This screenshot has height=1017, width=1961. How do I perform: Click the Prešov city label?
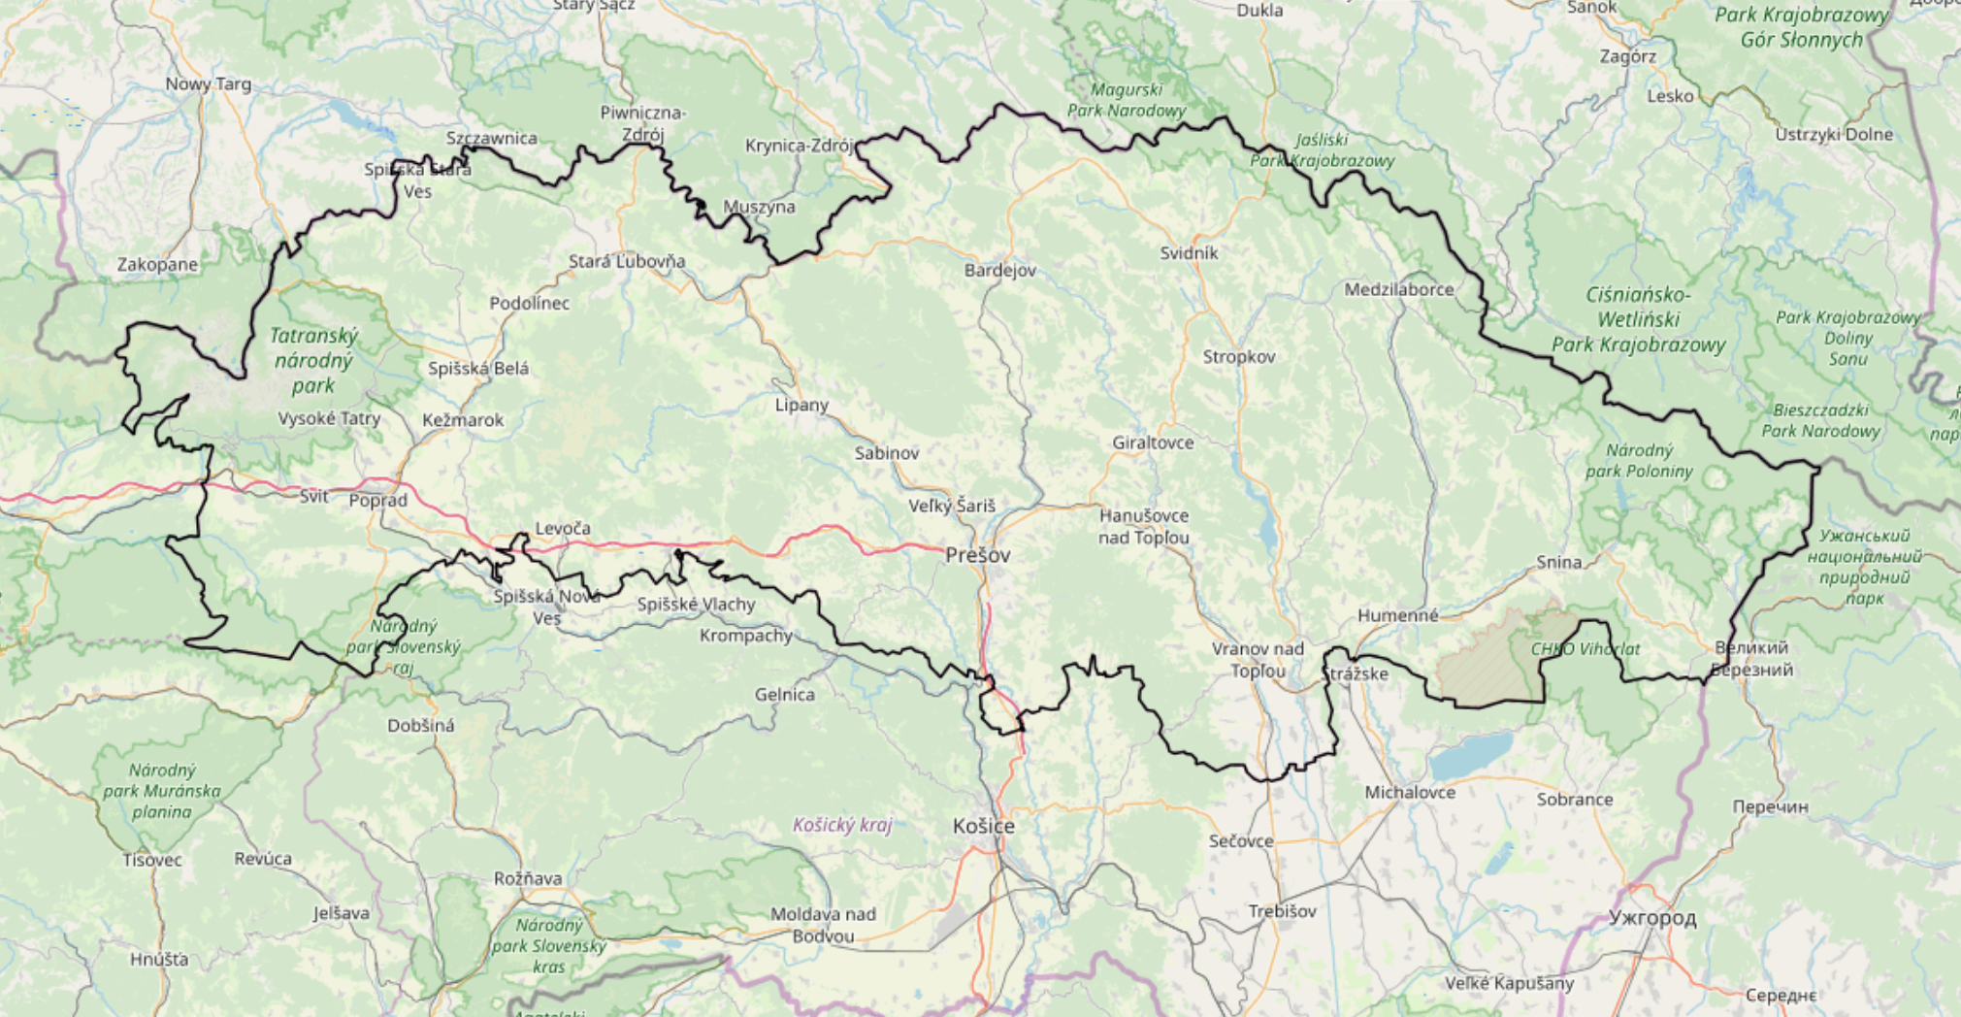977,555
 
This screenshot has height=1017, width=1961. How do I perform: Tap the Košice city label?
983,826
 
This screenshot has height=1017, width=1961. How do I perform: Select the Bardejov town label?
999,270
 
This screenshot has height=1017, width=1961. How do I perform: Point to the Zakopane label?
157,264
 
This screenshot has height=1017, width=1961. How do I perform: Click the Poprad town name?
377,501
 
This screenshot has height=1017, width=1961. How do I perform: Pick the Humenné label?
1397,615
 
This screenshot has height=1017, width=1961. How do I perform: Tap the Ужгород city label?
1651,917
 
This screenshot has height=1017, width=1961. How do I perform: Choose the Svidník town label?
1189,253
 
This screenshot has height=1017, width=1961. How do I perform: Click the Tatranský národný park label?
313,360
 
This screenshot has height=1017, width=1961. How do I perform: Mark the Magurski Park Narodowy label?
1127,100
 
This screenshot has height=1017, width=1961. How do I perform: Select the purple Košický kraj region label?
842,825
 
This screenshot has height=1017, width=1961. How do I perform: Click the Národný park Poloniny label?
1639,461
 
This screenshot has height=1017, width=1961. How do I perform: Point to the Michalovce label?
1409,793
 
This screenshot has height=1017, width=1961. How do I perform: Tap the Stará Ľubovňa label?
626,261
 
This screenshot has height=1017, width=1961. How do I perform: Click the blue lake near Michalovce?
1471,755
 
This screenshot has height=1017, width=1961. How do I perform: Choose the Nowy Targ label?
208,83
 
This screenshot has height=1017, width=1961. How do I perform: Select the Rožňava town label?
527,878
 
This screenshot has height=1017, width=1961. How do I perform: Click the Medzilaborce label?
1398,289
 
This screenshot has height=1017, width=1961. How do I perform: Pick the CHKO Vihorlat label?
1585,649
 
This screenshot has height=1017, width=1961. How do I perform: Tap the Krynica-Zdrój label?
799,146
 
